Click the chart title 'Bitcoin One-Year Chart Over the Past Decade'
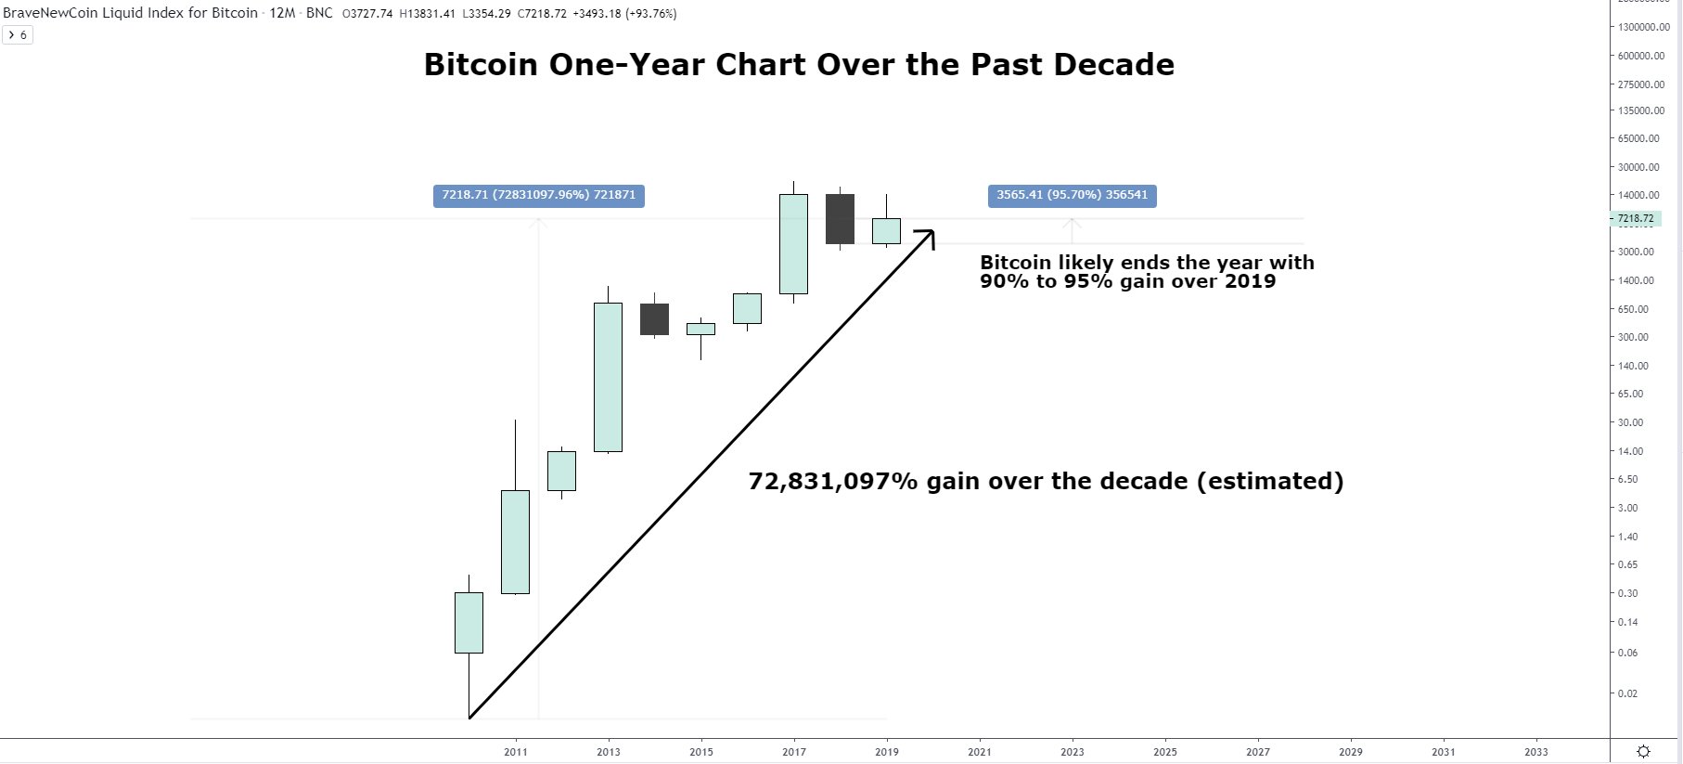coord(799,64)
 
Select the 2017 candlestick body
coord(793,243)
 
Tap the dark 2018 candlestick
coord(840,219)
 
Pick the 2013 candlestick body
coord(608,377)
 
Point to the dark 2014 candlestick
coord(654,319)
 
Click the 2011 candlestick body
coord(515,541)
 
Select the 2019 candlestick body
coord(886,231)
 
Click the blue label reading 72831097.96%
coord(539,196)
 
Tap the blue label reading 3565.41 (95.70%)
coord(1072,196)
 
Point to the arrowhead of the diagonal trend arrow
coord(931,232)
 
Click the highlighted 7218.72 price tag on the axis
coord(1635,219)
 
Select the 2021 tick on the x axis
coord(979,752)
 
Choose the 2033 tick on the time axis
coord(1535,752)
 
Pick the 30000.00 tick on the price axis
coord(1638,167)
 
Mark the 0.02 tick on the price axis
coord(1627,693)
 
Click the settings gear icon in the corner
coord(1643,752)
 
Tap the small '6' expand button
coord(18,35)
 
